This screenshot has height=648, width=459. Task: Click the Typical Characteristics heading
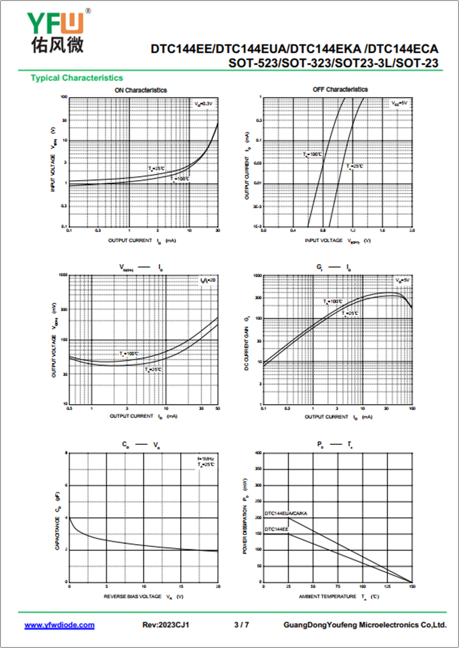click(x=76, y=77)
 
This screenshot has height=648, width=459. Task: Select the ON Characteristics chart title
click(x=141, y=90)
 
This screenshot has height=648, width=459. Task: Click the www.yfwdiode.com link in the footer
click(x=59, y=624)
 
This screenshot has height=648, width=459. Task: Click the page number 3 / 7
click(x=242, y=624)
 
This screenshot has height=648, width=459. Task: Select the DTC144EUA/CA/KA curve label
click(x=286, y=513)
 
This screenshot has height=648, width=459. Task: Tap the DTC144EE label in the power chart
click(x=277, y=529)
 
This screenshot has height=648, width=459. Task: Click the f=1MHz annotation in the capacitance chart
click(x=206, y=459)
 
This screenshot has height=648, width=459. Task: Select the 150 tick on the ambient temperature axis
click(x=411, y=587)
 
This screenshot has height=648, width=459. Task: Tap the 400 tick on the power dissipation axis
click(x=258, y=453)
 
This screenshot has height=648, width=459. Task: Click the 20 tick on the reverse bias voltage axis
click(x=217, y=587)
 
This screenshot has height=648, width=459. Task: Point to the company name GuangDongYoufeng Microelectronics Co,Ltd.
click(x=365, y=624)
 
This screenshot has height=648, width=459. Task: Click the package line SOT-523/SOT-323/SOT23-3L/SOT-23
click(x=333, y=63)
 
